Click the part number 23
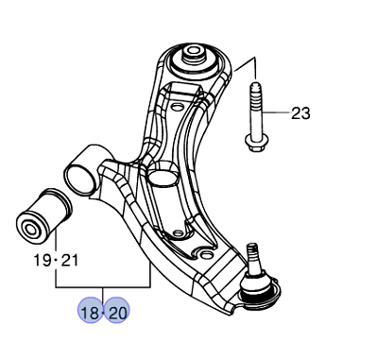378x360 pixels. (x=300, y=114)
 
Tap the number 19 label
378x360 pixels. (x=42, y=258)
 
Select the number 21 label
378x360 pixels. (x=71, y=258)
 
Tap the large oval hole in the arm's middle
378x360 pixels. (x=163, y=178)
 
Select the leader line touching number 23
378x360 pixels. (x=276, y=114)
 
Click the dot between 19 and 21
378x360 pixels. (x=57, y=259)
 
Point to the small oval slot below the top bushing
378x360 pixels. (x=176, y=94)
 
